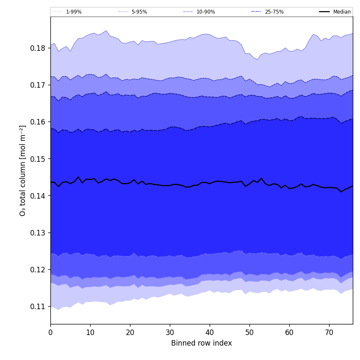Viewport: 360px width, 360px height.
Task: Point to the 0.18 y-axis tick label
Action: pos(38,48)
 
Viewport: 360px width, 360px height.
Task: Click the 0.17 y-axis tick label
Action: pos(38,85)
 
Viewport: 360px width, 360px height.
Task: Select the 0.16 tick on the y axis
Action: pos(38,122)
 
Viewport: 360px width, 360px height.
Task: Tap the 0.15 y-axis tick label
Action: pos(38,159)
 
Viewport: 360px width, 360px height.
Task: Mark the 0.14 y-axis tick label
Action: pos(38,196)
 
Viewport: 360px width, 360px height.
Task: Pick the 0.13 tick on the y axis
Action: pos(38,233)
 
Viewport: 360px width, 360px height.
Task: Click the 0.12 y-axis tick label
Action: pos(38,270)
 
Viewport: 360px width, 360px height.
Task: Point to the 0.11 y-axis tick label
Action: pos(38,307)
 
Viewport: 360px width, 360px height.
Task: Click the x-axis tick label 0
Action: pos(50,332)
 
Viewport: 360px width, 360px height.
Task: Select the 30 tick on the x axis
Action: pos(170,332)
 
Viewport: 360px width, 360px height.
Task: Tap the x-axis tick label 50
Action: pos(249,332)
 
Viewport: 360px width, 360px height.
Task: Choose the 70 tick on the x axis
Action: pos(329,332)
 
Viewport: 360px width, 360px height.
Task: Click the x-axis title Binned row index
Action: pos(201,343)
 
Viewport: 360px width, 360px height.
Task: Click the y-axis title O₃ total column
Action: pos(23,170)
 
